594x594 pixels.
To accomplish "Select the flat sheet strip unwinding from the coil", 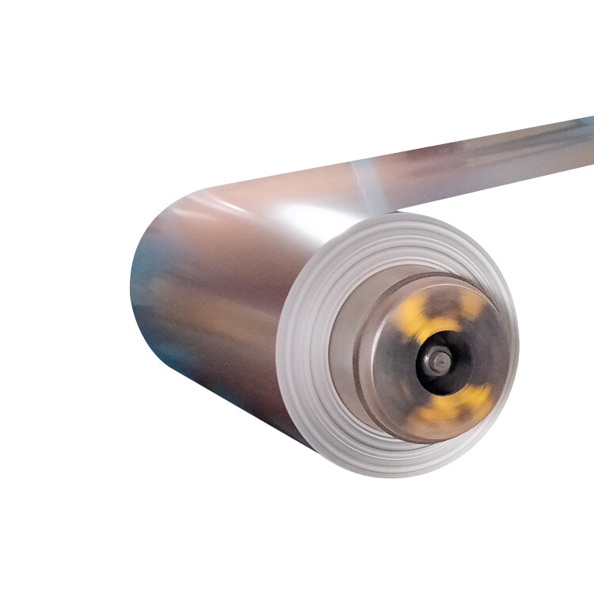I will pyautogui.click(x=475, y=166).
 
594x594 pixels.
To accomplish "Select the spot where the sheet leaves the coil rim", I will pyautogui.click(x=412, y=212).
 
